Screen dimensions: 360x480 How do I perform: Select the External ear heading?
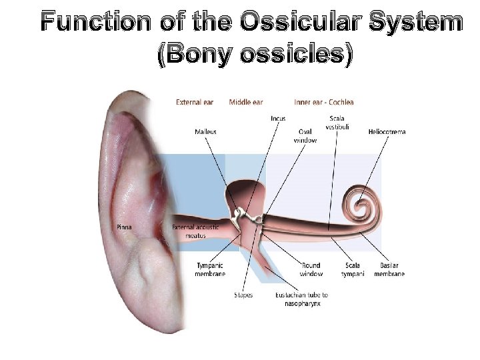click(x=195, y=102)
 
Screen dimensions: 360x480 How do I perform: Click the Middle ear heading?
click(x=246, y=102)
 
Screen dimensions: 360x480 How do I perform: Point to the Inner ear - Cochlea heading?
click(x=324, y=102)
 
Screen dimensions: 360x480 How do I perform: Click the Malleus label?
click(x=205, y=132)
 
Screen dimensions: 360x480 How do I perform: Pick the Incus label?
click(x=278, y=119)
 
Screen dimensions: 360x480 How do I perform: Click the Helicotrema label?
click(x=387, y=132)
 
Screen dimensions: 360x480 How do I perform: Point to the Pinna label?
click(x=125, y=227)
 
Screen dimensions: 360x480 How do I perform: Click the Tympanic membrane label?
click(x=210, y=269)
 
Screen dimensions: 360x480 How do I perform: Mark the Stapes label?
click(x=243, y=295)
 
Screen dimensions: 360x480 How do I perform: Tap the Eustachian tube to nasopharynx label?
click(x=301, y=299)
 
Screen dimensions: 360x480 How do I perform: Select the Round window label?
click(x=311, y=269)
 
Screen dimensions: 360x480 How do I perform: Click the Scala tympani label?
click(x=353, y=269)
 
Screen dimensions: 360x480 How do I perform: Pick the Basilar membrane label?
click(x=389, y=269)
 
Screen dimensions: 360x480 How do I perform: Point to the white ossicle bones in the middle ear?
click(x=243, y=215)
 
